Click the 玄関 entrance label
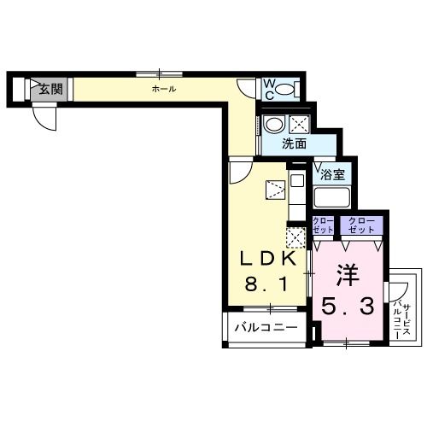coord(50,88)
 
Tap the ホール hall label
coord(164,88)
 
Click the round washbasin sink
coord(273,125)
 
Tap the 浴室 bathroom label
coord(332,174)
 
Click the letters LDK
coord(267,260)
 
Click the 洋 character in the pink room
coord(345,276)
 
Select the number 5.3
coord(348,306)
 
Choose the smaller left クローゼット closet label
coord(323,225)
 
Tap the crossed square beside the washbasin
coord(299,124)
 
